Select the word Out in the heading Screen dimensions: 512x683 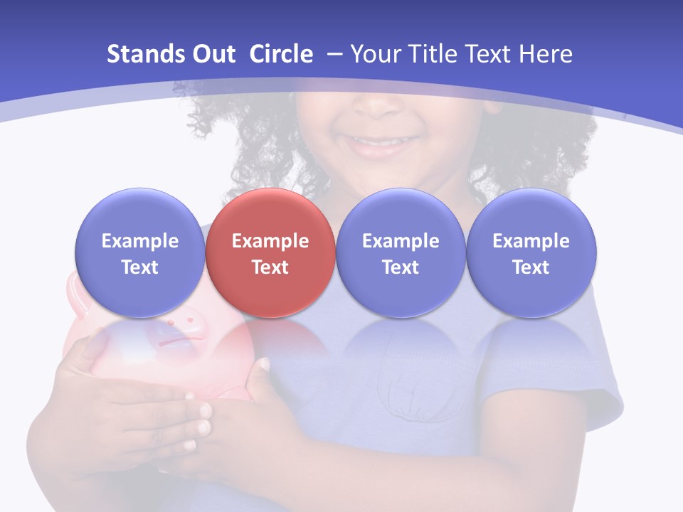[213, 54]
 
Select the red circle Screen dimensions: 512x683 [270, 253]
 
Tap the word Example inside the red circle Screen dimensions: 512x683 [270, 241]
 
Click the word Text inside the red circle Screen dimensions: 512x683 [270, 267]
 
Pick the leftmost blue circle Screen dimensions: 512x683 [140, 253]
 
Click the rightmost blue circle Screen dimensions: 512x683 [531, 253]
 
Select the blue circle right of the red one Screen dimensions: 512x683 [401, 253]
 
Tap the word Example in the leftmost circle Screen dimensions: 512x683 [140, 241]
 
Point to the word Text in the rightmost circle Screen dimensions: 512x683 [531, 267]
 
